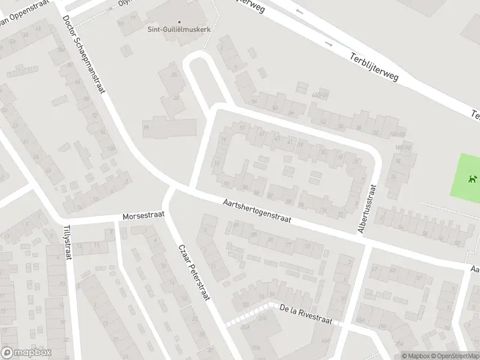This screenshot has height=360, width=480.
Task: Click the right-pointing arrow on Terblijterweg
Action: point(328,44)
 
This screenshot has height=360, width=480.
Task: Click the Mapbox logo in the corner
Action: point(26,352)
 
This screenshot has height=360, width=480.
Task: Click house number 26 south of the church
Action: point(175,74)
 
